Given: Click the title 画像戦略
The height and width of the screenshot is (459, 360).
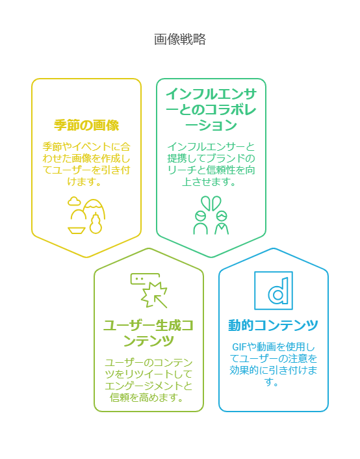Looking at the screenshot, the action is pyautogui.click(x=180, y=39).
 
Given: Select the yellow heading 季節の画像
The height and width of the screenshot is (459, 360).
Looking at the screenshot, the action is pyautogui.click(x=86, y=125).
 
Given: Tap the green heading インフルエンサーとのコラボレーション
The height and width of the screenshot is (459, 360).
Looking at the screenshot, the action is pyautogui.click(x=211, y=109).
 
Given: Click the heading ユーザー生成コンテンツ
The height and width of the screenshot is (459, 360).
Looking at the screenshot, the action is pyautogui.click(x=149, y=333).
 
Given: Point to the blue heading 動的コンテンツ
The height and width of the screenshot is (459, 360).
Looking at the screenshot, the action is pyautogui.click(x=274, y=325).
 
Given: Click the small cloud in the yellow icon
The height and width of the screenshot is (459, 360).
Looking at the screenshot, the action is pyautogui.click(x=74, y=201).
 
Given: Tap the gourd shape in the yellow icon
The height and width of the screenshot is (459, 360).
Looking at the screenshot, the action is pyautogui.click(x=96, y=224).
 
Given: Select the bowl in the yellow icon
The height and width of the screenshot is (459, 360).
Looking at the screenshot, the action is pyautogui.click(x=77, y=230).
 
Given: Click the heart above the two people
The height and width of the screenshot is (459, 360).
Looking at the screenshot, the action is pyautogui.click(x=211, y=203).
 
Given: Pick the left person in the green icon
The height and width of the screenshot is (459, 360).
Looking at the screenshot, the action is pyautogui.click(x=201, y=223).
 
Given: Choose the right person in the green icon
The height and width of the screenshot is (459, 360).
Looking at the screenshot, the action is pyautogui.click(x=222, y=223).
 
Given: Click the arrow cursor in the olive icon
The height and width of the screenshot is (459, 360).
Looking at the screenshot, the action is pyautogui.click(x=161, y=301).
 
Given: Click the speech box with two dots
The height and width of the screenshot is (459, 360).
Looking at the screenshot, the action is pyautogui.click(x=145, y=279).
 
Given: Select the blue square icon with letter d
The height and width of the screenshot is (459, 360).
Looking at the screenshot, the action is pyautogui.click(x=274, y=291).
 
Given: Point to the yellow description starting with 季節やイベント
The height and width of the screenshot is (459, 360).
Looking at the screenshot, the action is pyautogui.click(x=86, y=164).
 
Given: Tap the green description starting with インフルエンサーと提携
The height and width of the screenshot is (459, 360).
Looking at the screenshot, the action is pyautogui.click(x=211, y=164).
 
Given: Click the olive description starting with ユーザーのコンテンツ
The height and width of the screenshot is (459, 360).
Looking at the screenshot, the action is pyautogui.click(x=149, y=380).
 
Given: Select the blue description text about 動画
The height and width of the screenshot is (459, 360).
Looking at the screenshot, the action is pyautogui.click(x=274, y=364).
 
